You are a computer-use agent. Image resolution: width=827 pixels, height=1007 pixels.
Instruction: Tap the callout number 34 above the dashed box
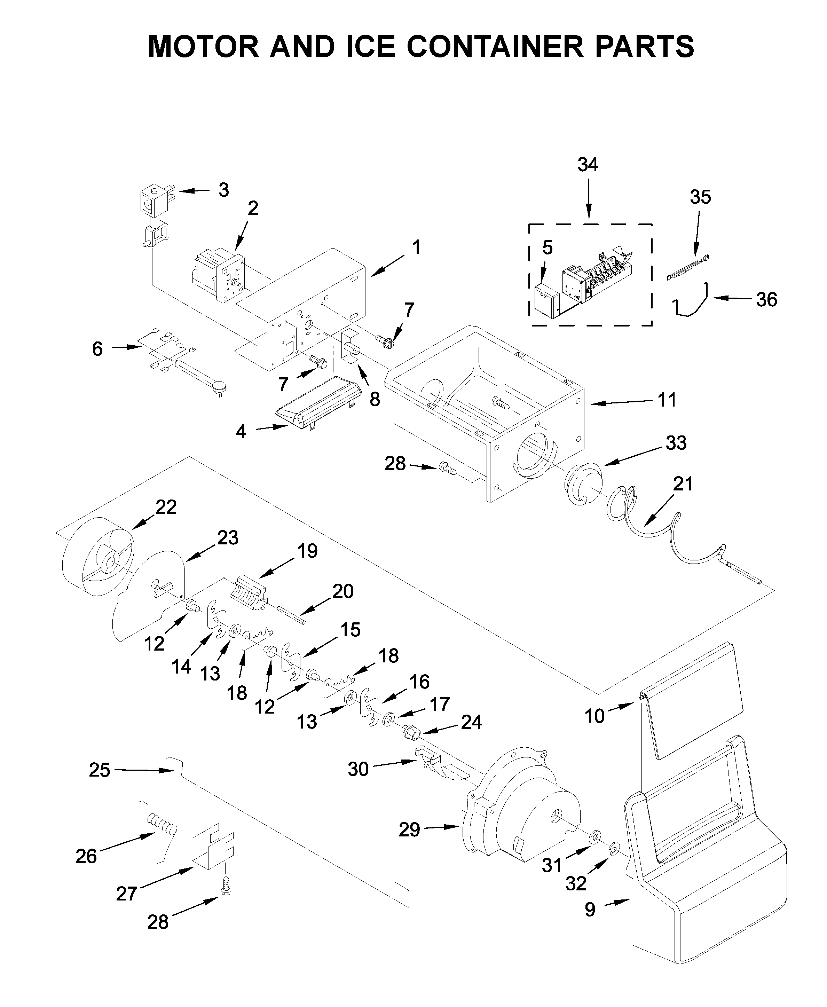[588, 165]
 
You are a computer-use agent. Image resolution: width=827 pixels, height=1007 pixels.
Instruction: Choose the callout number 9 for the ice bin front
[590, 910]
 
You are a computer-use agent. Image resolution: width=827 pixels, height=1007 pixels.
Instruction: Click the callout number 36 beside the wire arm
[766, 300]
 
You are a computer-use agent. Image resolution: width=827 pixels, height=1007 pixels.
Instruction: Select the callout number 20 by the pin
[342, 592]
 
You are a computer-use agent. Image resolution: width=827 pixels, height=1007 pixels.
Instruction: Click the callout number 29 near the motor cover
[409, 830]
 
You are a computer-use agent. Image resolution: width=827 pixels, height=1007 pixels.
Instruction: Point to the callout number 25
[99, 770]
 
